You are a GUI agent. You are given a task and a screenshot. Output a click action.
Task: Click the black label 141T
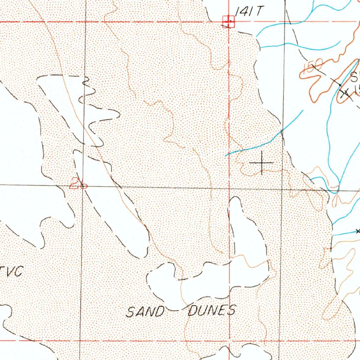[x=249, y=12]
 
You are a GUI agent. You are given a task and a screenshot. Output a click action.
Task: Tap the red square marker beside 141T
[x=229, y=21]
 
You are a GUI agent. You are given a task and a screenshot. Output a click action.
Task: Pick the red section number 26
[x=78, y=183]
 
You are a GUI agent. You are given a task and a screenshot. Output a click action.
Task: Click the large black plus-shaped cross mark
[x=261, y=162]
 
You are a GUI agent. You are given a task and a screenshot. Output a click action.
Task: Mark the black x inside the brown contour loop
[x=345, y=92]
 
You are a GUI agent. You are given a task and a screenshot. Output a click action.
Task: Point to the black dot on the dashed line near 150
[x=340, y=85]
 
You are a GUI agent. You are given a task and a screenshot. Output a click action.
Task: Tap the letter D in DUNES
[x=193, y=311]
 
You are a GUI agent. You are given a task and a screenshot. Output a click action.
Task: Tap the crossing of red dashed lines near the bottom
[x=229, y=341]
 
